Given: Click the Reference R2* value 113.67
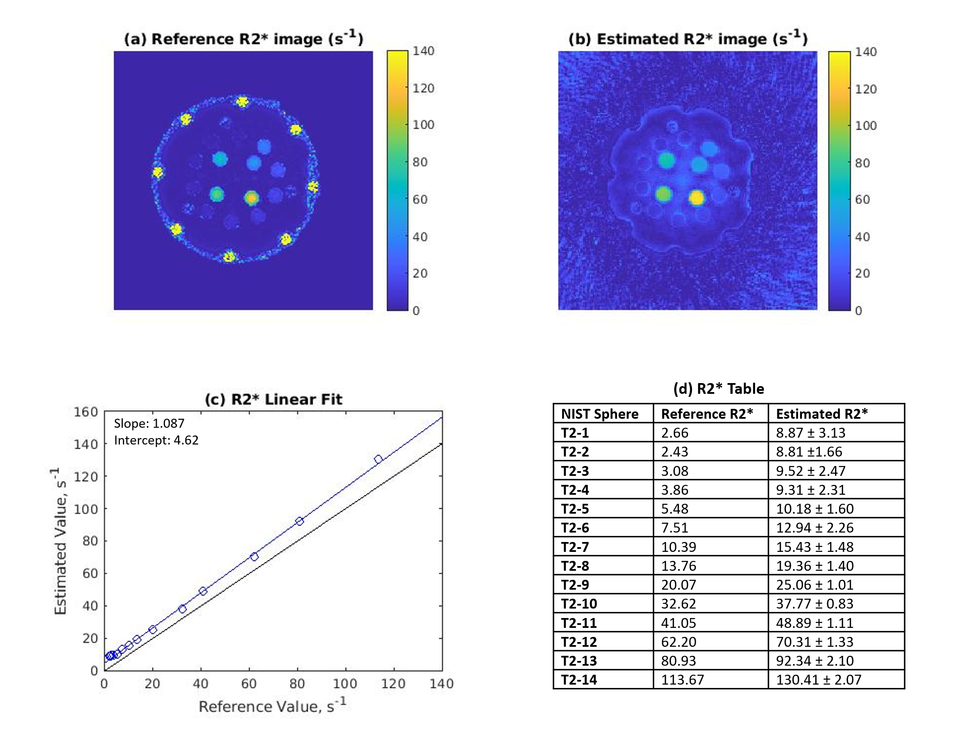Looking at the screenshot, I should tap(682, 680).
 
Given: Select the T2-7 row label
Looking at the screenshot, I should tap(575, 547).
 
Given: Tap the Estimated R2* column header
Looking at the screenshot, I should tap(821, 414).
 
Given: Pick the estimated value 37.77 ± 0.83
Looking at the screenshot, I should tap(814, 603).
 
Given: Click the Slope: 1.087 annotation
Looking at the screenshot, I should tap(149, 423).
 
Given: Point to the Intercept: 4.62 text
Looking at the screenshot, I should tap(156, 440).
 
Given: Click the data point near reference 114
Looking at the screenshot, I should tap(378, 459).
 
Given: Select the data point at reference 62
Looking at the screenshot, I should tap(254, 557).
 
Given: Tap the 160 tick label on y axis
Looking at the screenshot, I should tap(85, 411).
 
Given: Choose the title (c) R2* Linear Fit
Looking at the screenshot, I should tap(273, 399).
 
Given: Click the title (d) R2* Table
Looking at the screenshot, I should tap(718, 389).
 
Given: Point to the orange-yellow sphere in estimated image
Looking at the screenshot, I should tap(697, 198).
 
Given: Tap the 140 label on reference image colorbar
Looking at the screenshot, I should tap(423, 51).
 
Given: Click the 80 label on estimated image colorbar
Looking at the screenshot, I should tap(862, 163).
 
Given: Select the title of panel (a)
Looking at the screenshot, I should tap(243, 39).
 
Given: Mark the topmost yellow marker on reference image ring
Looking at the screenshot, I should tap(242, 102).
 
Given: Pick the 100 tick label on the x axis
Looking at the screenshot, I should tap(345, 683).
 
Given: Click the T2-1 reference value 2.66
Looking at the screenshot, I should tap(674, 432).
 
